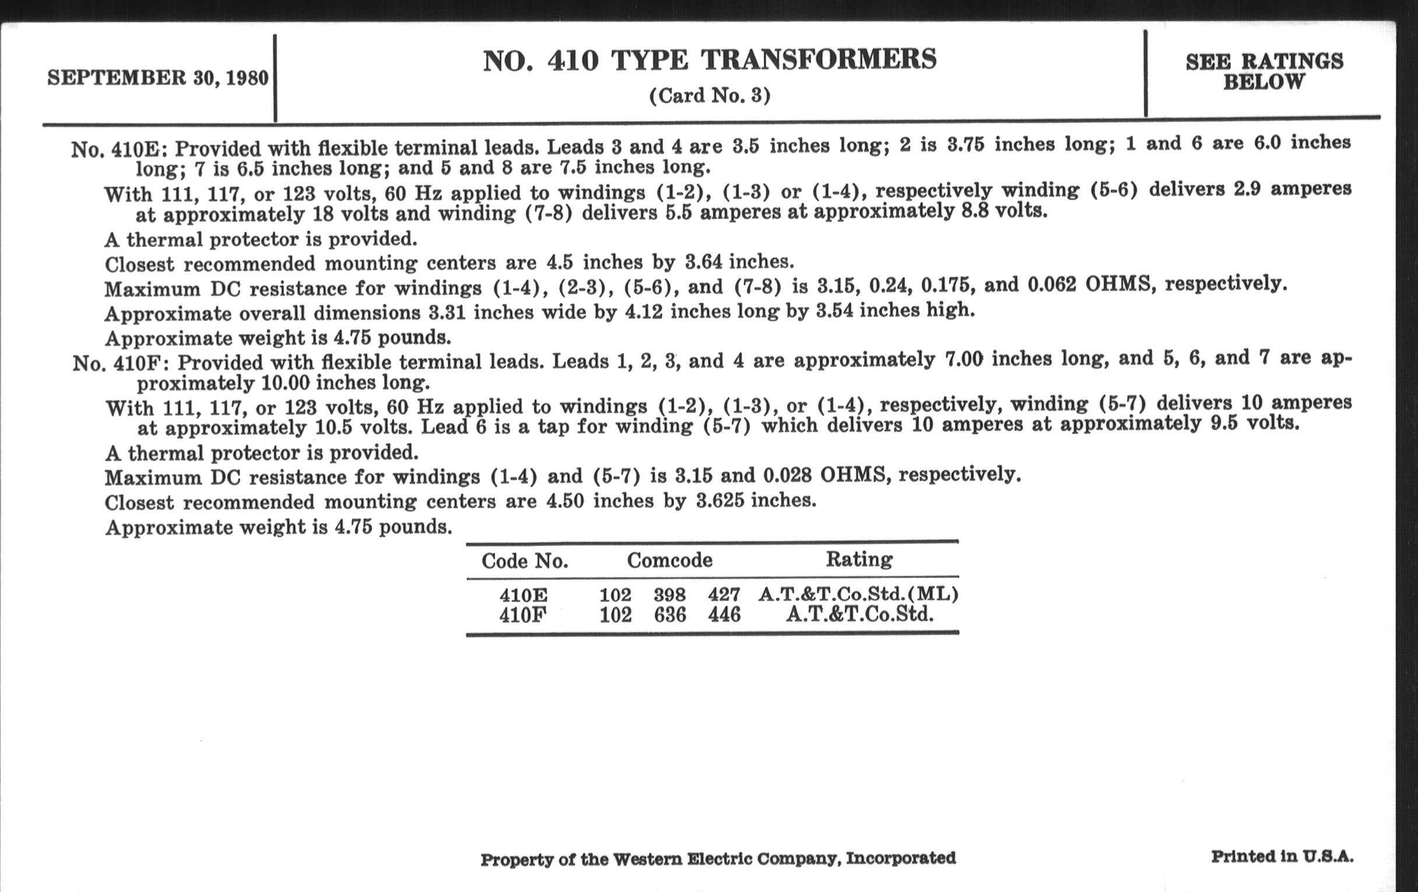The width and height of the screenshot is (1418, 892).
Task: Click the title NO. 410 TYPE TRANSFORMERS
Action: [710, 60]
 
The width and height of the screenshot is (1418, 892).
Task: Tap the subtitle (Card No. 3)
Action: [710, 96]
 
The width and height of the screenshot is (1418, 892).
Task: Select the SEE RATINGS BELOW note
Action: [1264, 71]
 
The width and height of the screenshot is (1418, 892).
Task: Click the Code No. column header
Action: [525, 560]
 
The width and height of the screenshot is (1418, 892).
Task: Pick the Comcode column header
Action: [669, 559]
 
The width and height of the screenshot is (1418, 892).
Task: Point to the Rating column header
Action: [859, 558]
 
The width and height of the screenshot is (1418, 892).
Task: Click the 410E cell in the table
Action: [523, 595]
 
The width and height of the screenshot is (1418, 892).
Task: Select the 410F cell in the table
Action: [523, 615]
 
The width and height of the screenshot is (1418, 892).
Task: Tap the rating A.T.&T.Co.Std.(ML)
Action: [859, 594]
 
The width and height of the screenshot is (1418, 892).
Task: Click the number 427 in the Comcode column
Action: [724, 595]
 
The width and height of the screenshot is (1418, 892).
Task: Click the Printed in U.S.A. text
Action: [1282, 856]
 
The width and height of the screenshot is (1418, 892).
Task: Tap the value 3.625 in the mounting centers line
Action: [719, 501]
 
